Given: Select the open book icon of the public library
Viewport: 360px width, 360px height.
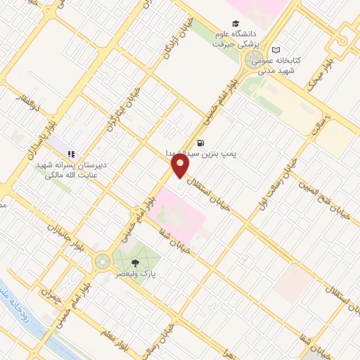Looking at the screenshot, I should click(x=276, y=50).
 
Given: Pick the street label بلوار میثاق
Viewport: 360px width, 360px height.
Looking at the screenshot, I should click(x=318, y=79).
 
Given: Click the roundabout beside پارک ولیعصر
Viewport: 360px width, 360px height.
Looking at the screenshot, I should click(x=103, y=262).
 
